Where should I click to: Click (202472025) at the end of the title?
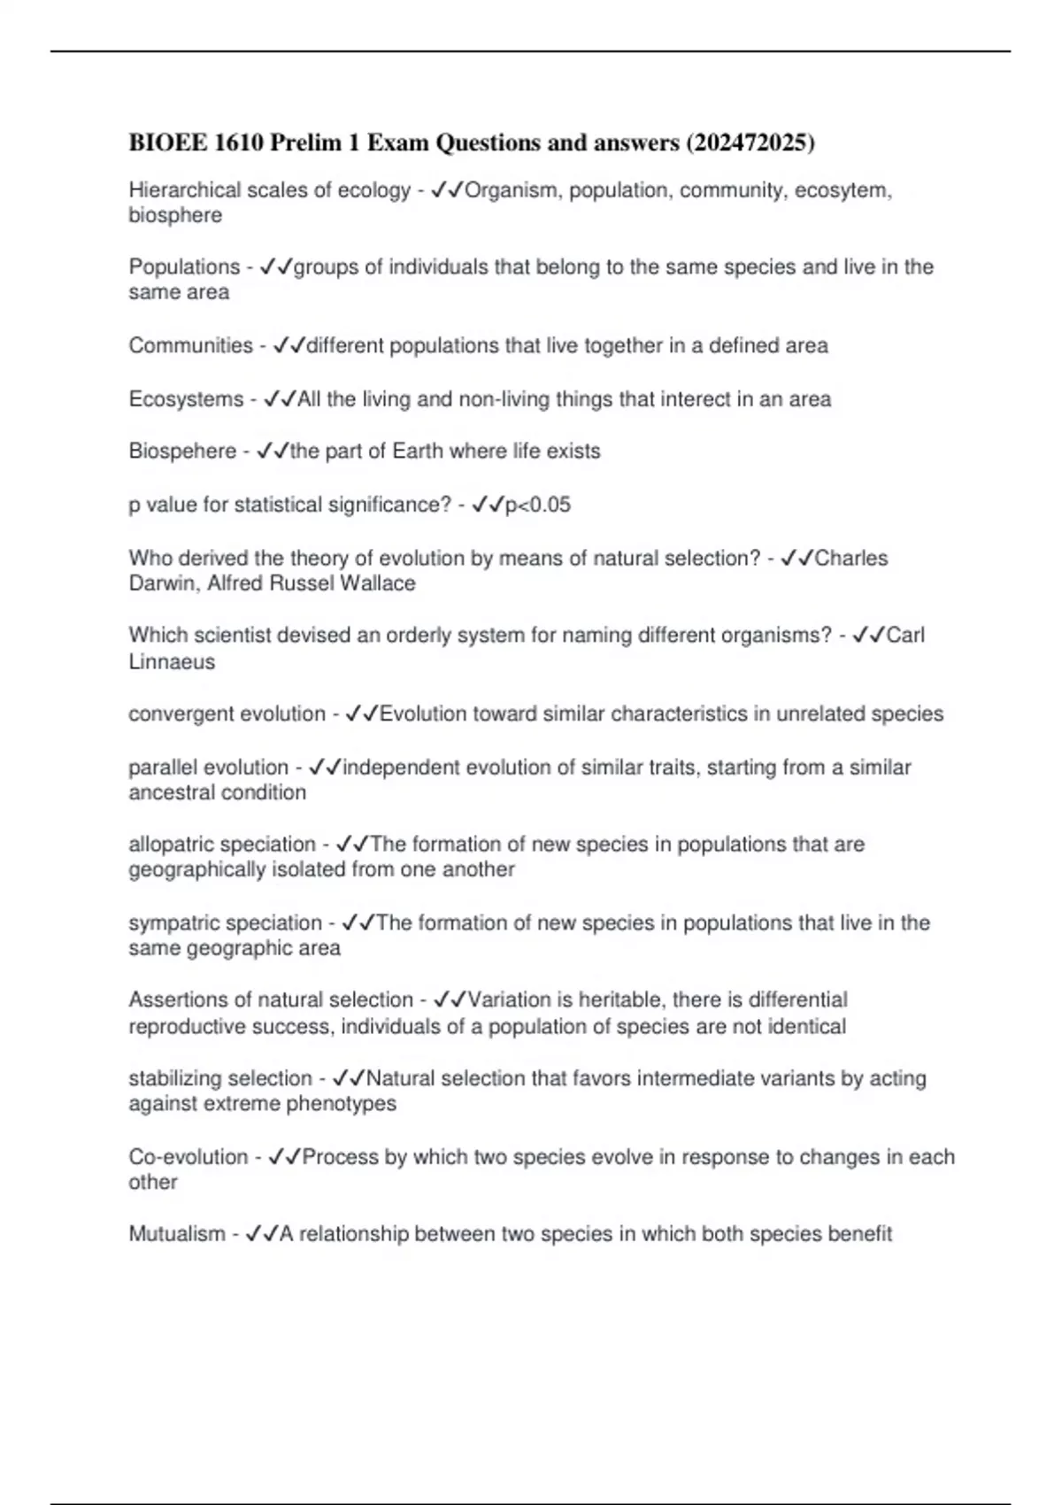point(750,143)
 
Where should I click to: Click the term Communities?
point(190,345)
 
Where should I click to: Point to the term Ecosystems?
point(186,399)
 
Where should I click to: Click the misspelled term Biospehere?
point(182,451)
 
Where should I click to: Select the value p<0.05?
point(537,505)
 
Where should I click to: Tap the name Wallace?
point(377,583)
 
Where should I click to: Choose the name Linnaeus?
point(172,662)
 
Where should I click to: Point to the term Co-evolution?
point(188,1157)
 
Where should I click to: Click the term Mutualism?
point(177,1234)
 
